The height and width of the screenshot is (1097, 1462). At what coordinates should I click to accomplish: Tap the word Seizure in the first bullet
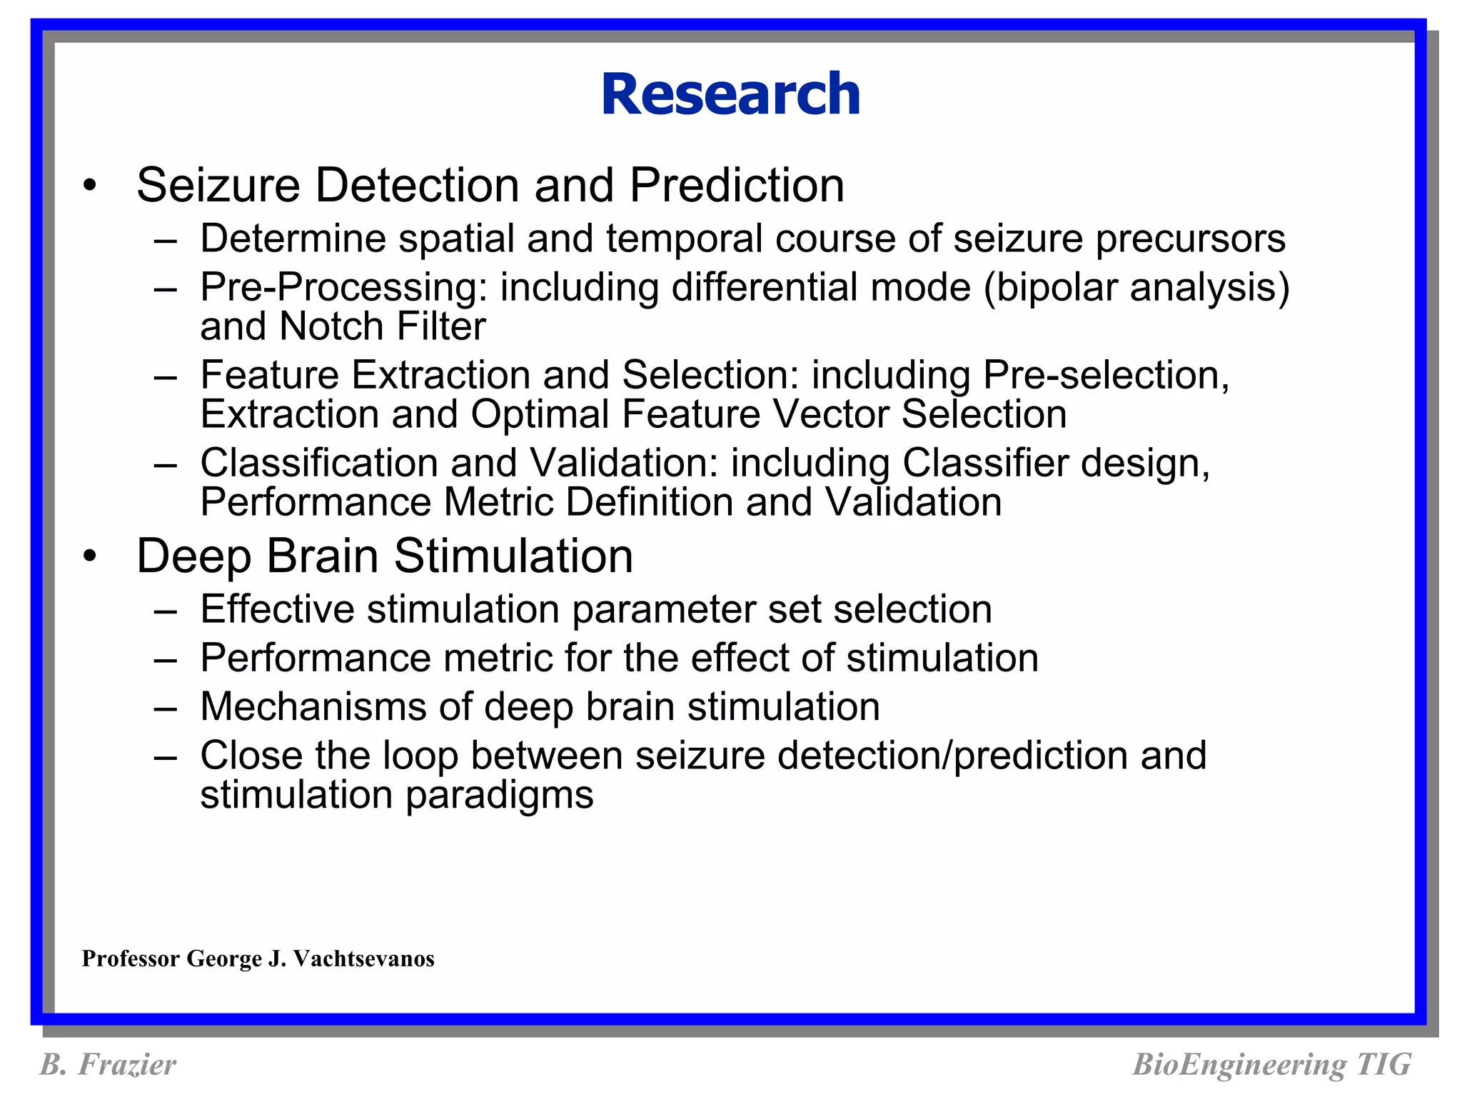218,185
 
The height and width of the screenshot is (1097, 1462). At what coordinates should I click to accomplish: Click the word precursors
1191,239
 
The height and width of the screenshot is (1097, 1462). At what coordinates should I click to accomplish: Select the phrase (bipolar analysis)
1136,288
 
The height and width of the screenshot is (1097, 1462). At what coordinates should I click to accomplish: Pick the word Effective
277,609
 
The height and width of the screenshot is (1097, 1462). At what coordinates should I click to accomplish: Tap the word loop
420,756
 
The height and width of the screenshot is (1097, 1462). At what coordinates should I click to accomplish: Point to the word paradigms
499,795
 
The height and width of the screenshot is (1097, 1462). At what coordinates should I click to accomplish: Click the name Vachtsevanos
363,958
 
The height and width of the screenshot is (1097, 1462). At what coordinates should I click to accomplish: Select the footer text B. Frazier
108,1064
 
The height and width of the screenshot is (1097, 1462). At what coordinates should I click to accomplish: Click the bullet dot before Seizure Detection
89,185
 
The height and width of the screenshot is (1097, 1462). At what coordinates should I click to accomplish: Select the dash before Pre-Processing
165,289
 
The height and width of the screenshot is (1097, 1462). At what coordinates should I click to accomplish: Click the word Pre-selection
1106,375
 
